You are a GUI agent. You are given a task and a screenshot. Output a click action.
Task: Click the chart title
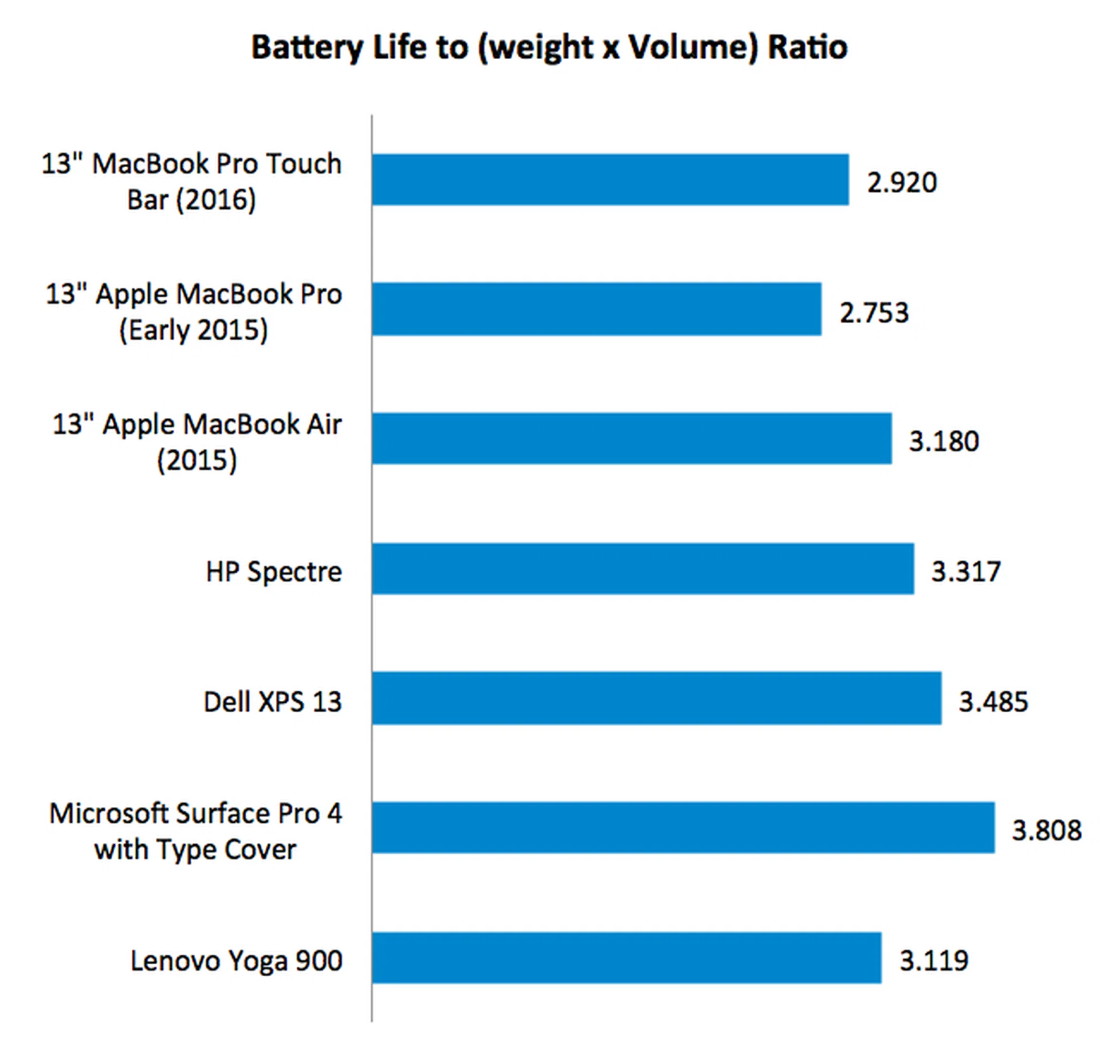(549, 47)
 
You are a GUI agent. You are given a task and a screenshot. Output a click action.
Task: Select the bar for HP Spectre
(642, 569)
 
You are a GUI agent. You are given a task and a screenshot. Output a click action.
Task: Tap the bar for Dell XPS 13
(656, 698)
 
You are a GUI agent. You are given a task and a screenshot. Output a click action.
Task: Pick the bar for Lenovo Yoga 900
(626, 958)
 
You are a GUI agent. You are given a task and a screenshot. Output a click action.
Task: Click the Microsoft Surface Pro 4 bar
(683, 828)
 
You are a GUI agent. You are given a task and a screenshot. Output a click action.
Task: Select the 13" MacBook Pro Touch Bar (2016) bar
(610, 179)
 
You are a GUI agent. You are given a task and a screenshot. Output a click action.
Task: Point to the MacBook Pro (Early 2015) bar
(596, 309)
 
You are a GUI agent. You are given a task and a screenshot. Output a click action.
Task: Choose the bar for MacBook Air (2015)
(631, 439)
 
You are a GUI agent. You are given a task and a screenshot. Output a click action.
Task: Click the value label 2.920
(902, 183)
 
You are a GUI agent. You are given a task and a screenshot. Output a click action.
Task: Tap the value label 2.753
(874, 313)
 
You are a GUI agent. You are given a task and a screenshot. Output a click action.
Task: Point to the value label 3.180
(944, 441)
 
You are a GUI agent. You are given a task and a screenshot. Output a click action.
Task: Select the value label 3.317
(966, 571)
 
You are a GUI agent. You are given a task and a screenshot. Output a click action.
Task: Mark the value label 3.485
(994, 701)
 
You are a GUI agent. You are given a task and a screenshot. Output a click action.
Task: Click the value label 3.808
(1047, 830)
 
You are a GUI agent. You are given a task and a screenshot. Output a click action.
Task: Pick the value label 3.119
(934, 960)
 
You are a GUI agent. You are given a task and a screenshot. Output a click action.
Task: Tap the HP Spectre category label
(274, 571)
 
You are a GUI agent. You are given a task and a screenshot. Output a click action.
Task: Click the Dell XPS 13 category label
(273, 701)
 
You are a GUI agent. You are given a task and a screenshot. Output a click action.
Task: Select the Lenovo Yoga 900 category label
(236, 960)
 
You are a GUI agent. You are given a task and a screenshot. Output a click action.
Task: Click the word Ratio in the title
(807, 47)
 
